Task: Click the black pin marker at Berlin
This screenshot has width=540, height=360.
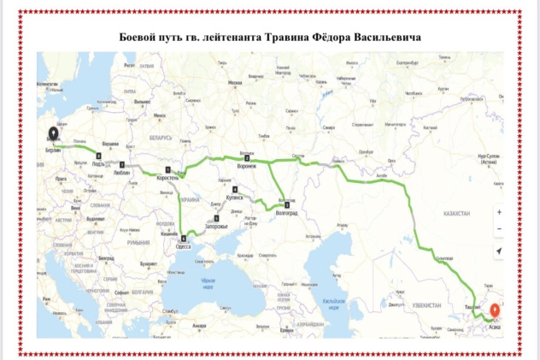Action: coord(53,133)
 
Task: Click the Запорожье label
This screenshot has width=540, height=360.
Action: coord(213,227)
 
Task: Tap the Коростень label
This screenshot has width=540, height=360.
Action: coord(168,177)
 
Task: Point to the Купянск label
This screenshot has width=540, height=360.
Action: coord(233,197)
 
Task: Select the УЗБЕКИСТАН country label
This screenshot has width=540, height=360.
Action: coord(425,305)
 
